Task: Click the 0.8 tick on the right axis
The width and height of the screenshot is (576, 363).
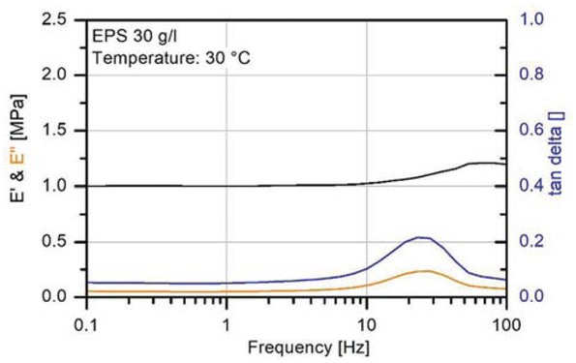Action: point(530,75)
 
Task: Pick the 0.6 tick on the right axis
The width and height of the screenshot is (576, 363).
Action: point(530,131)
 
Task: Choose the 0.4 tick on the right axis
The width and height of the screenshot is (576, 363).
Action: point(530,186)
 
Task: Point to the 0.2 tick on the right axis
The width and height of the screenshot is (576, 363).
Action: point(530,241)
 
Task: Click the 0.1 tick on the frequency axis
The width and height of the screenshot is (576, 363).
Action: point(86,319)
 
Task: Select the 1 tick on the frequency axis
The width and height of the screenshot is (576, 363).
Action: point(227,319)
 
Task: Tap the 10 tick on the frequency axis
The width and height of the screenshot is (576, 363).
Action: point(366,319)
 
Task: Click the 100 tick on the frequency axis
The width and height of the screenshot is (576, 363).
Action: point(505,319)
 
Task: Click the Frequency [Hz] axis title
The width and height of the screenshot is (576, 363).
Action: point(295,346)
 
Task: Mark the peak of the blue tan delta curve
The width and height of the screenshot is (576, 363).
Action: point(421,236)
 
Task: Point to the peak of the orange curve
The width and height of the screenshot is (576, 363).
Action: point(423,271)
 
